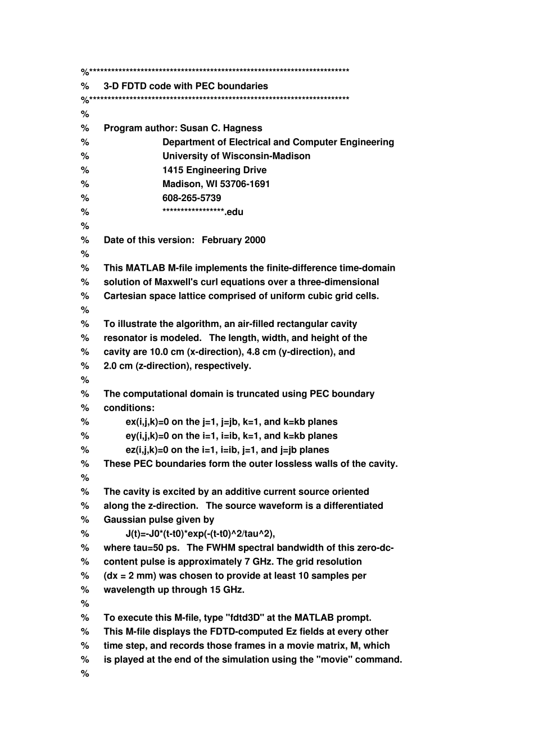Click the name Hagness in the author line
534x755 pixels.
[x=243, y=128]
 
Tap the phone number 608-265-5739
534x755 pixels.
[x=192, y=198]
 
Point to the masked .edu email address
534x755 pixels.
[x=203, y=212]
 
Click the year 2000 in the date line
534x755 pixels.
[x=254, y=240]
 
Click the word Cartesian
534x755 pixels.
[x=125, y=296]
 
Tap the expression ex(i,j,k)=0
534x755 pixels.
[x=147, y=422]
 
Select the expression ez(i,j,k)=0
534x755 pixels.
[x=147, y=450]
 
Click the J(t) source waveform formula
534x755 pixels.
[x=200, y=534]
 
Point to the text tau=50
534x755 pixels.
[x=145, y=548]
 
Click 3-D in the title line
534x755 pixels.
[x=111, y=86]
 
